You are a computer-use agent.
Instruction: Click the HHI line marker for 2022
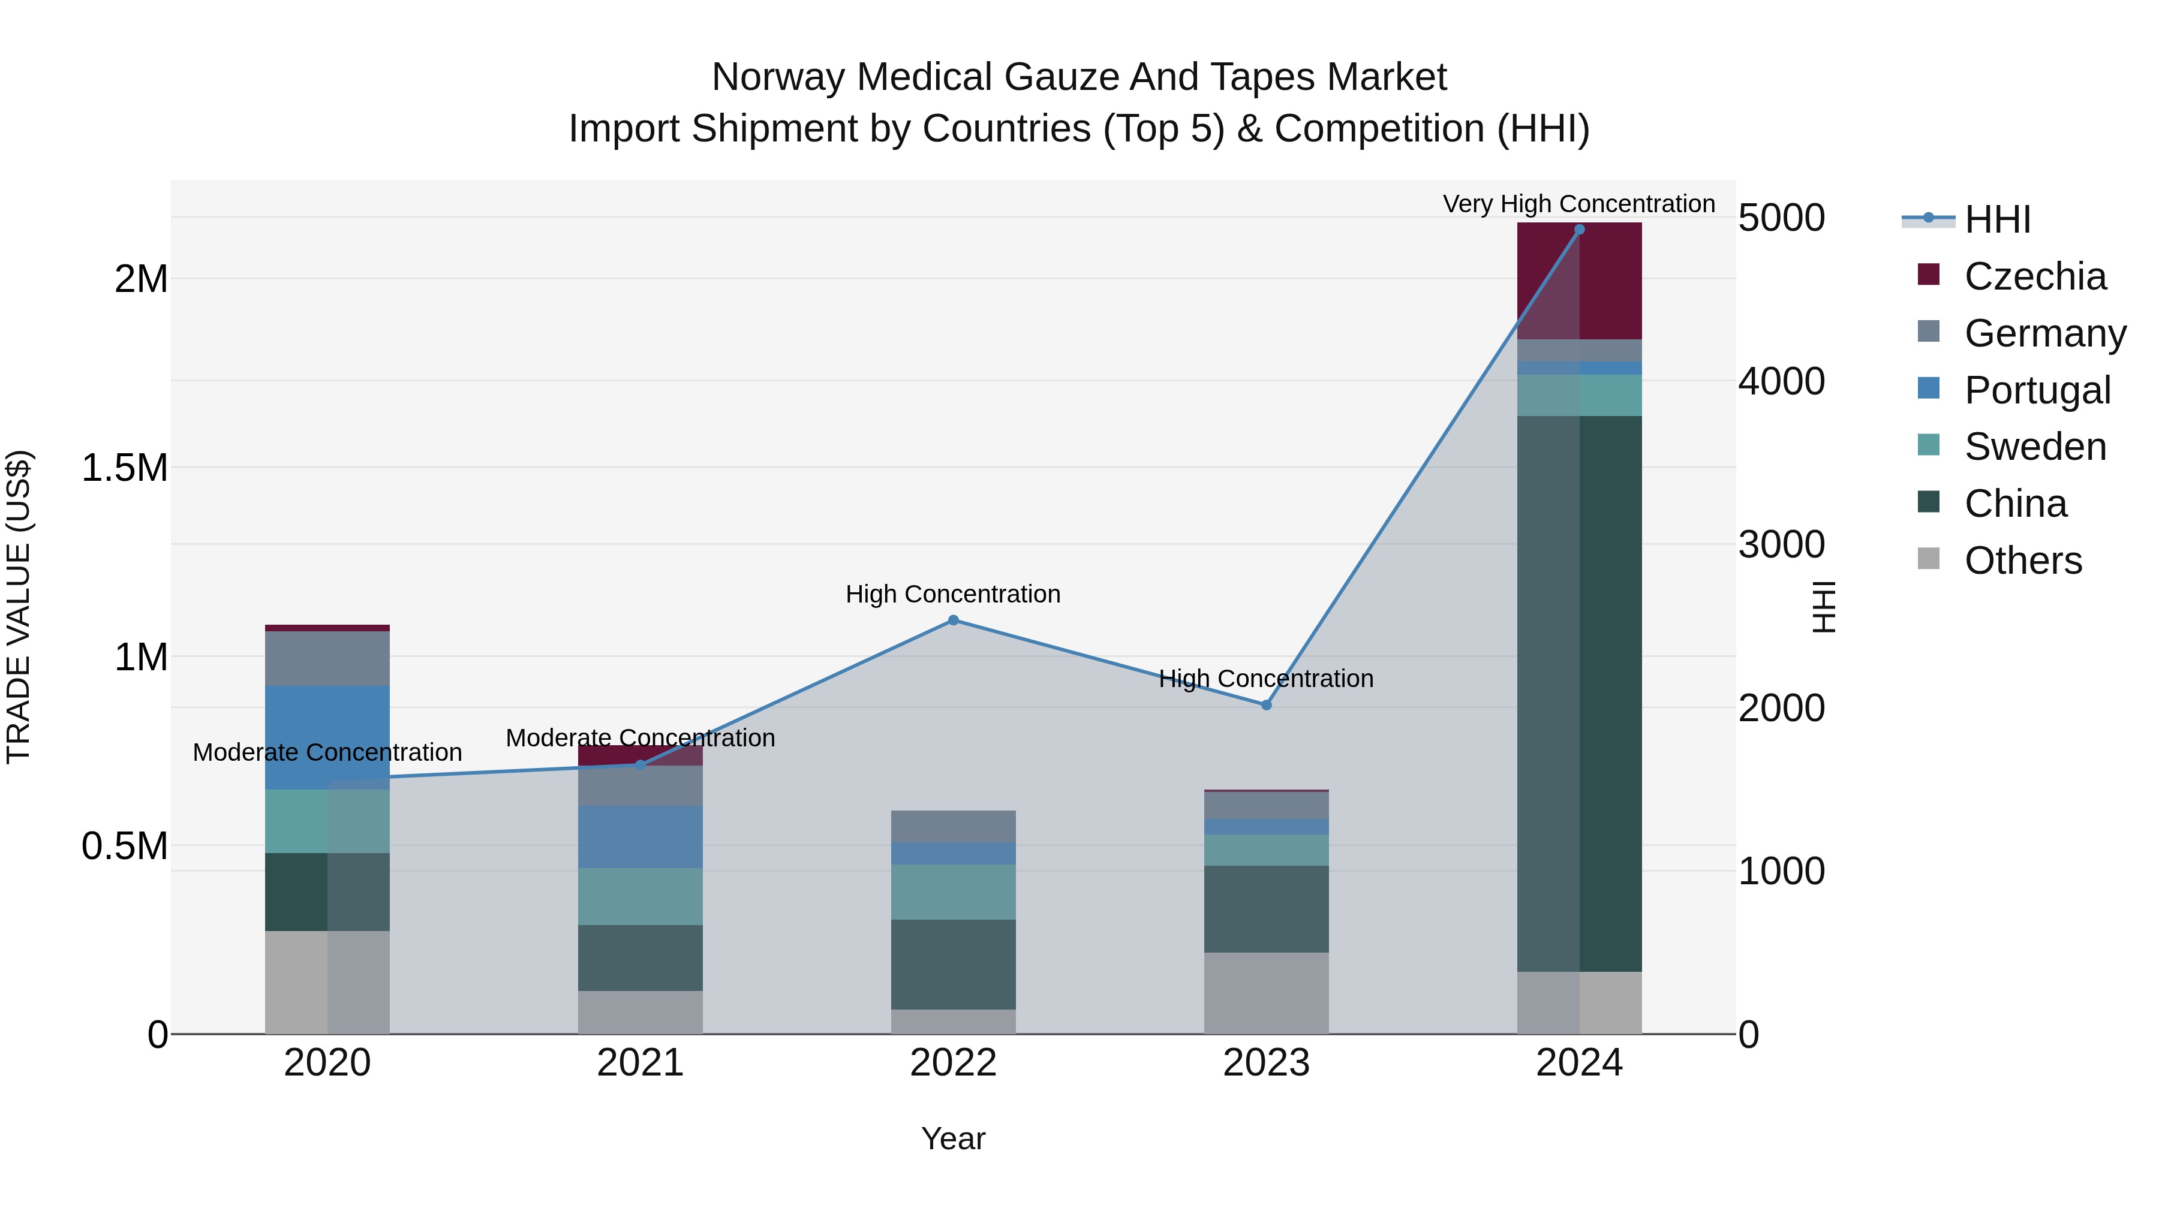pyautogui.click(x=953, y=620)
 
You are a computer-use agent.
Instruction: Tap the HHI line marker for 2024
pyautogui.click(x=1579, y=230)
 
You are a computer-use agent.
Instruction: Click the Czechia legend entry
pyautogui.click(x=2034, y=276)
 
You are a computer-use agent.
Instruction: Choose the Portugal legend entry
pyautogui.click(x=2037, y=390)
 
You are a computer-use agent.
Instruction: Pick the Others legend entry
pyautogui.click(x=2022, y=561)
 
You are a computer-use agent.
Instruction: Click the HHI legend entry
pyautogui.click(x=1996, y=219)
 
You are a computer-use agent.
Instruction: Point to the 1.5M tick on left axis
pyautogui.click(x=125, y=468)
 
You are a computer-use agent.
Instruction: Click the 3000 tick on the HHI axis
pyautogui.click(x=1781, y=544)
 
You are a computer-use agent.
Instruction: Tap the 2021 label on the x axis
pyautogui.click(x=641, y=1063)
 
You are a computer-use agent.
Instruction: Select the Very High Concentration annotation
pyautogui.click(x=1579, y=204)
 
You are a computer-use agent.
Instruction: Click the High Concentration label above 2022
pyautogui.click(x=953, y=594)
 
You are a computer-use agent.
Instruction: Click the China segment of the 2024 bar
pyautogui.click(x=1579, y=694)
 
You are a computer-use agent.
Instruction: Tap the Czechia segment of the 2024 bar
pyautogui.click(x=1579, y=281)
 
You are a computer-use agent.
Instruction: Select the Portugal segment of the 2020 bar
pyautogui.click(x=327, y=737)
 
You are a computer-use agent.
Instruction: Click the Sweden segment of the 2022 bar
pyautogui.click(x=953, y=891)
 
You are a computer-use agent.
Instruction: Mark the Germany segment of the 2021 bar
pyautogui.click(x=641, y=786)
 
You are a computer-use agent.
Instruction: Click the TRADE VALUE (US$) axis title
pyautogui.click(x=19, y=607)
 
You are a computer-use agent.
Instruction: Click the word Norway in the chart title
pyautogui.click(x=780, y=77)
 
